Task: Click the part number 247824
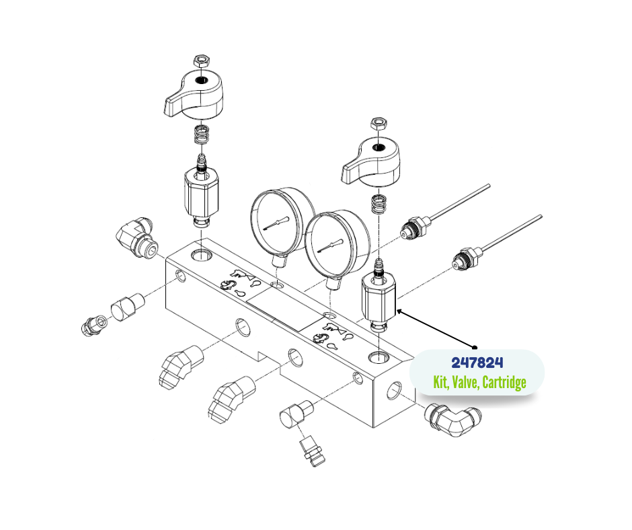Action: (477, 363)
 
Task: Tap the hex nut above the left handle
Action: (201, 61)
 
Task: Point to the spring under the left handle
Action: (201, 134)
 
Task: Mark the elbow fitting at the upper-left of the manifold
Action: (137, 238)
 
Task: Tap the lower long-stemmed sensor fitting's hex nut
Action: (467, 258)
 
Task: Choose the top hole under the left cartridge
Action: (201, 255)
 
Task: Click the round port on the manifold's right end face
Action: (394, 390)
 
